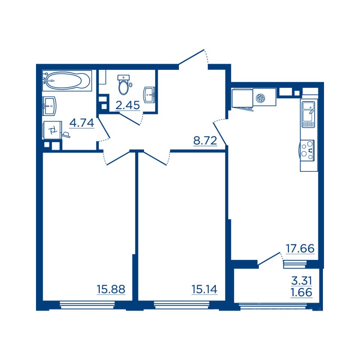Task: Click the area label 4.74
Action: (x=82, y=123)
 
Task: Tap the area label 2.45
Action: (x=127, y=105)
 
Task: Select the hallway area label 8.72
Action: (x=205, y=141)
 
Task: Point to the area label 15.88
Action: (x=111, y=289)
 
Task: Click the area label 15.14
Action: (x=204, y=289)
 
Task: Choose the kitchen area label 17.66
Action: (x=300, y=248)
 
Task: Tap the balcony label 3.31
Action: (x=301, y=280)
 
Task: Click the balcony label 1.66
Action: (x=301, y=292)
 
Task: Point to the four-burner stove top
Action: (x=307, y=150)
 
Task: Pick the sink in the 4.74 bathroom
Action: (x=49, y=106)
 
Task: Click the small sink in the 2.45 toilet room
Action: (x=150, y=95)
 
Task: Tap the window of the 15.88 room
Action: (x=87, y=305)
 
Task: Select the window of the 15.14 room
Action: (x=181, y=305)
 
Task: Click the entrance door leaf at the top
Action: (x=191, y=57)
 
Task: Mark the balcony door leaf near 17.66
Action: (x=269, y=258)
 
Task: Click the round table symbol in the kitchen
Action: (x=260, y=98)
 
